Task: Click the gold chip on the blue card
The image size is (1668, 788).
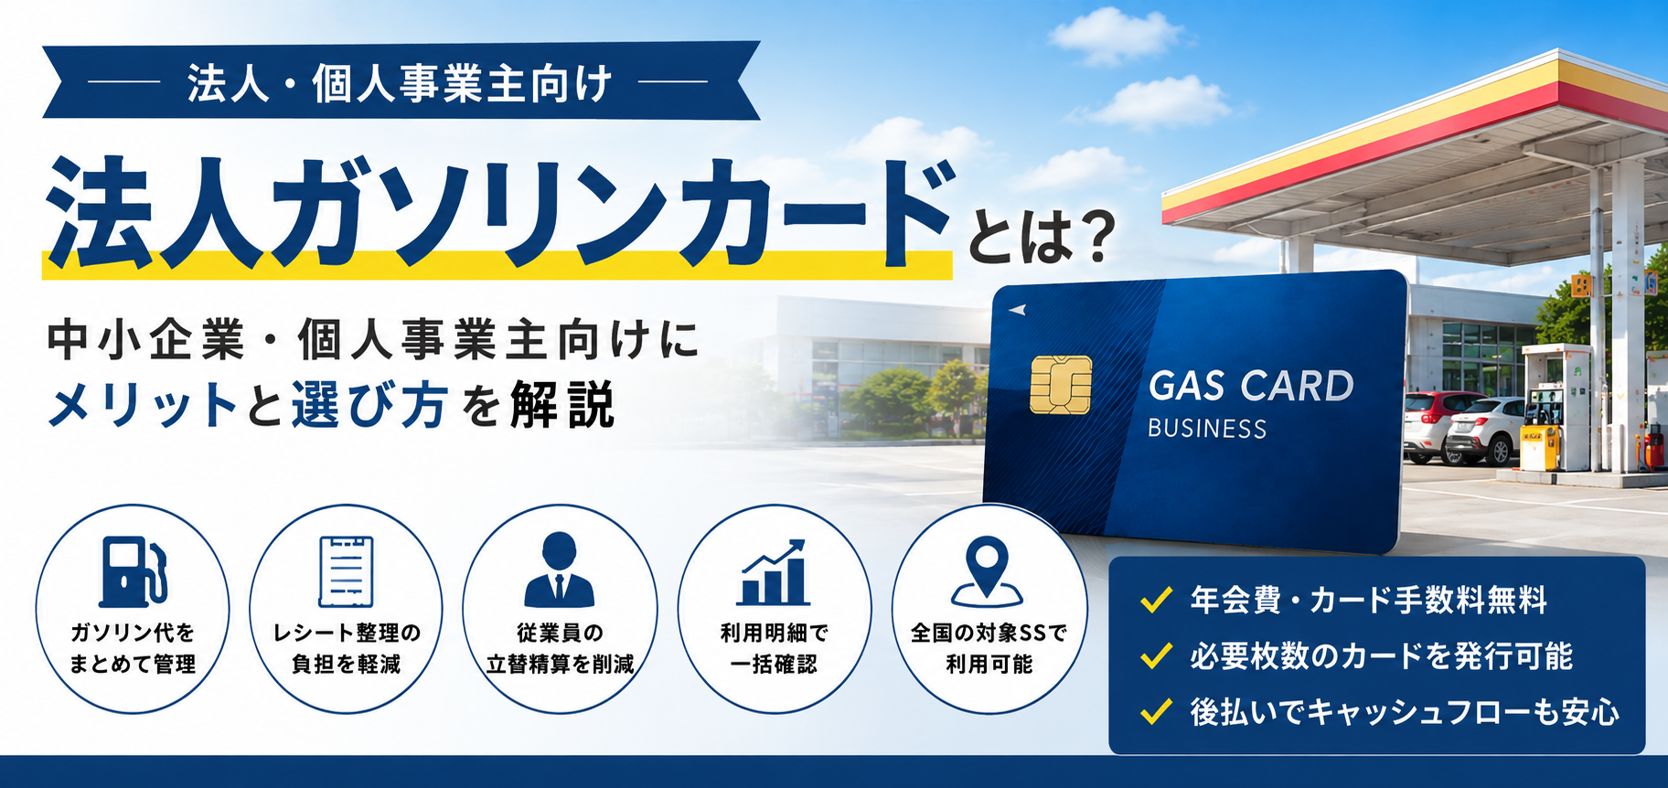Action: tap(1061, 385)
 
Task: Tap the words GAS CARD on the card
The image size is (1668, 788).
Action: tap(1251, 386)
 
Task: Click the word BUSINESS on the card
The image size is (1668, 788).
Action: tap(1207, 429)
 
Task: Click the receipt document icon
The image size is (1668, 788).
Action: tap(346, 572)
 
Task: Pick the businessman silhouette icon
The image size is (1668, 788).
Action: tap(559, 570)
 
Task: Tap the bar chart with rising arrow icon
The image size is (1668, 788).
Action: tap(774, 571)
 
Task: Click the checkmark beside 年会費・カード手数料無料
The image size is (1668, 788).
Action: tap(1157, 600)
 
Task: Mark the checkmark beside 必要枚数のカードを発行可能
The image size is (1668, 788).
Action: tap(1157, 655)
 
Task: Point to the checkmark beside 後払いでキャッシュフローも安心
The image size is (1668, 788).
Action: tap(1157, 711)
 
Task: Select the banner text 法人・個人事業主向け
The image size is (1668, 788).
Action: tap(400, 85)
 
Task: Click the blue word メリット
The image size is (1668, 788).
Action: tap(143, 406)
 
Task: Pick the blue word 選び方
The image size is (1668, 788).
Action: tap(370, 406)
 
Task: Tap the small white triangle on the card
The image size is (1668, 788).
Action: tap(1017, 310)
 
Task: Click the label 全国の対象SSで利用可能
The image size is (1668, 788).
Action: tap(989, 647)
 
